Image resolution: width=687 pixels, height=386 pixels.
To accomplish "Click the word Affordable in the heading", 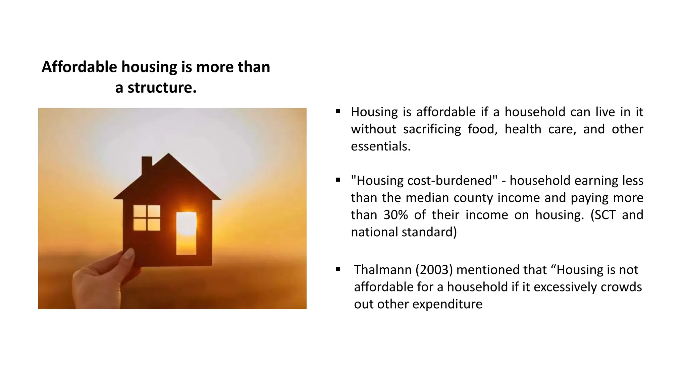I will point(79,67).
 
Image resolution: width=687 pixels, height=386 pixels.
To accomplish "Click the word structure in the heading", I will point(162,88).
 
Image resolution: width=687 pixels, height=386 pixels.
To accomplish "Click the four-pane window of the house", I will point(147,218).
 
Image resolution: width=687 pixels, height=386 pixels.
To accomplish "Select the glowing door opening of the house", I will point(186,233).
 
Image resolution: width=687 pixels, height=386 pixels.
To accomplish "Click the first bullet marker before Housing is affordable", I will point(338,111).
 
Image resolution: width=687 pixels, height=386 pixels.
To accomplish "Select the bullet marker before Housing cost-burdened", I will point(338,180).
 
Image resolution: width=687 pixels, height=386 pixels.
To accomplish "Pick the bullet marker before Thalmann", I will point(338,269).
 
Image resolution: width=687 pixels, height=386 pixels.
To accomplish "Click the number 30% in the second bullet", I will point(395,215).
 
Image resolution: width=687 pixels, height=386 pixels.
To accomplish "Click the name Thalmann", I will point(382,270).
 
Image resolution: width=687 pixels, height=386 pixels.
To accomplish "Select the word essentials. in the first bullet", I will point(381,146).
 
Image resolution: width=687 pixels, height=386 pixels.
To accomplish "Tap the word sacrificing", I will point(432,129).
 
